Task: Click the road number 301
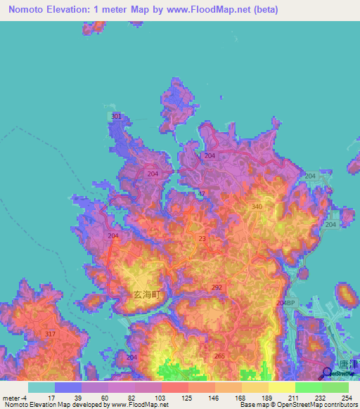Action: click(x=117, y=116)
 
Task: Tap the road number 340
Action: click(x=257, y=207)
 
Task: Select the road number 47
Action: click(x=202, y=193)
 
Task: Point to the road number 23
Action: click(x=202, y=239)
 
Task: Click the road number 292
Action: click(x=217, y=287)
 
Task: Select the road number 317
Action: click(x=49, y=334)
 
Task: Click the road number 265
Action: click(x=219, y=356)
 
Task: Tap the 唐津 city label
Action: click(x=344, y=364)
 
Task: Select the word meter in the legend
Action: click(x=11, y=398)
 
